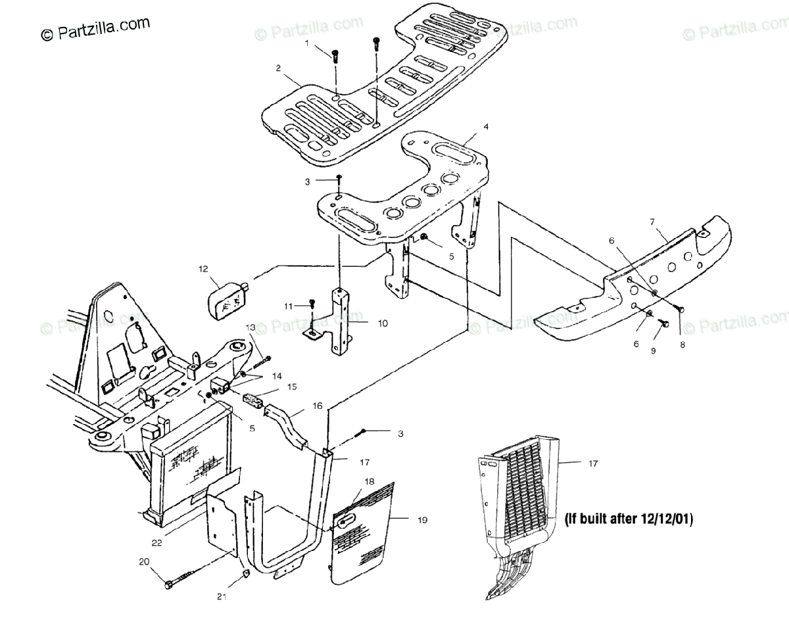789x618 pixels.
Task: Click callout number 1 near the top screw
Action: [x=306, y=43]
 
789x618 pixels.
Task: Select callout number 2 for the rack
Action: [x=278, y=68]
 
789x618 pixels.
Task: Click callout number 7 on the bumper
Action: [x=652, y=222]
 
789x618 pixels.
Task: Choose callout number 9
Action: [x=654, y=351]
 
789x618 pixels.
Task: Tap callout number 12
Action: [x=204, y=268]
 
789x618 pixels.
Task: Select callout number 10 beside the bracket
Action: [x=383, y=323]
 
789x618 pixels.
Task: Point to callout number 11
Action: [x=288, y=306]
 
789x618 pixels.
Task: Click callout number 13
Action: [x=250, y=327]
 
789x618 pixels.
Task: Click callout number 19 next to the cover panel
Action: [x=421, y=520]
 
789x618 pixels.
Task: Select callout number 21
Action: [x=222, y=597]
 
